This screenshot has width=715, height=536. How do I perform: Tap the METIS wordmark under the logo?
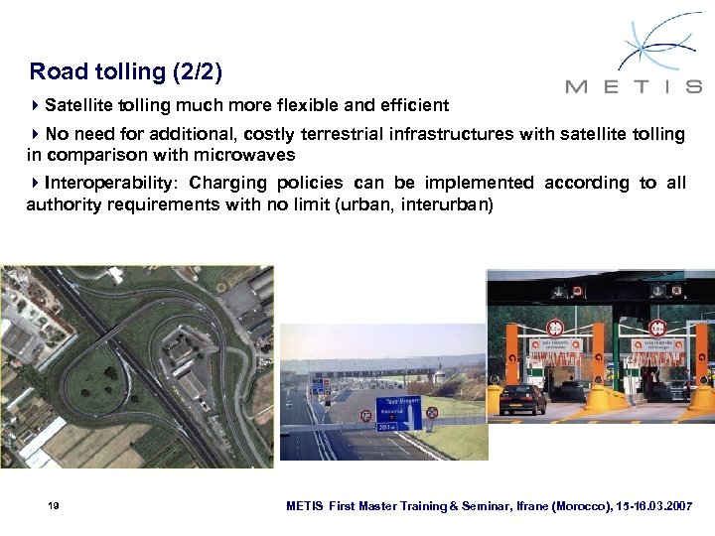click(634, 86)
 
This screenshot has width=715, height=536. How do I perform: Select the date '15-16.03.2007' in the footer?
click(656, 506)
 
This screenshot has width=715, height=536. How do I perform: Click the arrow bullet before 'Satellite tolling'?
click(35, 105)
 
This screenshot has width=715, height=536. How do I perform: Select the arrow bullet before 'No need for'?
click(35, 133)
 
